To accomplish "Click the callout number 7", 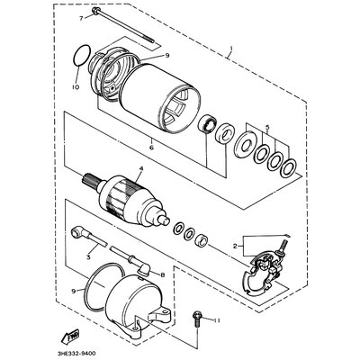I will tap(79, 18).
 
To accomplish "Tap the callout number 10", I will tap(76, 86).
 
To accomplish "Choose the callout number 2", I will tap(237, 244).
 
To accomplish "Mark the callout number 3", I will tap(90, 257).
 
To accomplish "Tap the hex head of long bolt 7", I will tap(93, 17).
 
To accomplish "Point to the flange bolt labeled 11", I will tap(198, 316).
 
